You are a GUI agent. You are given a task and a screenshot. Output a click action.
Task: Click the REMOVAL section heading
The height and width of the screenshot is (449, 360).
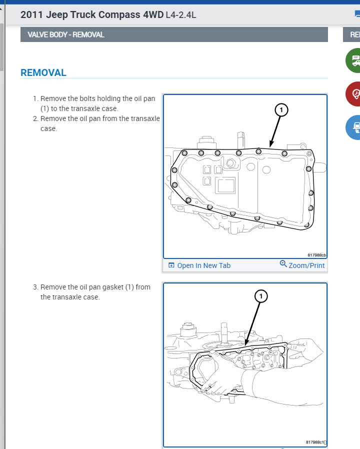[43, 72]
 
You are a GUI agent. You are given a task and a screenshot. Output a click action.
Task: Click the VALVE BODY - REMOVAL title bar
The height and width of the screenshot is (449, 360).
[62, 34]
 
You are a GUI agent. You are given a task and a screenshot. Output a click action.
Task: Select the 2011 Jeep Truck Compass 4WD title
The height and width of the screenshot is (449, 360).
[92, 14]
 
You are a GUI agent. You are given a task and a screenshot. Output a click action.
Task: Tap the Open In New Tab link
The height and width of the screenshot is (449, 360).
[203, 265]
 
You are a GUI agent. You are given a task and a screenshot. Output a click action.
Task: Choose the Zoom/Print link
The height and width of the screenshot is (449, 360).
[306, 265]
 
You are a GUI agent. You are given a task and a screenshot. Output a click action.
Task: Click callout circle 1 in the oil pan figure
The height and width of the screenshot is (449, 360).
[281, 109]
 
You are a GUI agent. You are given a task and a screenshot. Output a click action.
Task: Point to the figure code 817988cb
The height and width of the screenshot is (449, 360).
[316, 254]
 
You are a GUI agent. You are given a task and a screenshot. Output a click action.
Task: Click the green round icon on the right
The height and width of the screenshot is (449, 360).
[355, 60]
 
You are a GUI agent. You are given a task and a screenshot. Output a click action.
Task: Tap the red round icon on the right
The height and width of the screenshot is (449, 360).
[355, 93]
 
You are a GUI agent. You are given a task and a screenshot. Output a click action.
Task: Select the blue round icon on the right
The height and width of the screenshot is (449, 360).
[355, 126]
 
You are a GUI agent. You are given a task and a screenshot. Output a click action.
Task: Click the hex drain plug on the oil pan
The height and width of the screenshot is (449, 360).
[230, 163]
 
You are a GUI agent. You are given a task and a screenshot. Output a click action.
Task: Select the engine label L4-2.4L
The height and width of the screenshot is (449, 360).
[181, 15]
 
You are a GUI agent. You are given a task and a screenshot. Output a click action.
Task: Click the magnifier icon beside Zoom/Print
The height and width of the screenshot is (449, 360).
[283, 264]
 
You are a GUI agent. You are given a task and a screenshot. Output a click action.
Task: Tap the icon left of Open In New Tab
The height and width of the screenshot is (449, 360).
[171, 265]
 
